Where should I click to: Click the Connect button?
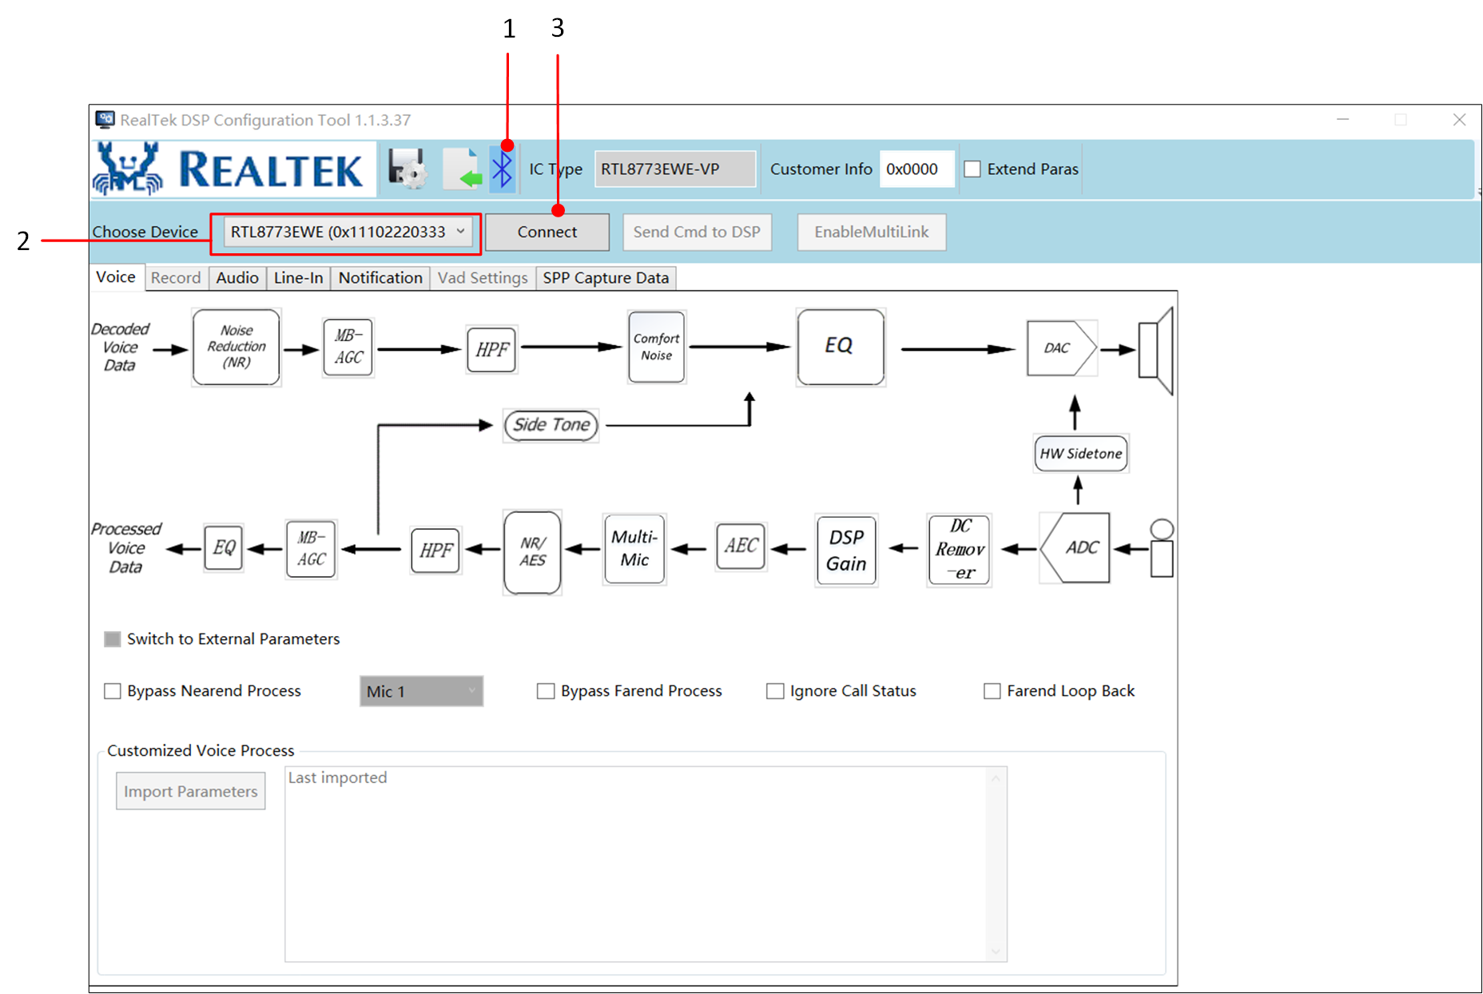coord(547,232)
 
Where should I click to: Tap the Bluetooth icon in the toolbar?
coord(502,169)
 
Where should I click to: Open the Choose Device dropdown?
coord(347,232)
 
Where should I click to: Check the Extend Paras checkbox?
coord(972,169)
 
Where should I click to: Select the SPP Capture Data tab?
coord(605,278)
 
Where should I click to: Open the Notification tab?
coord(380,278)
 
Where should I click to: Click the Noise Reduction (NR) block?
coord(237,347)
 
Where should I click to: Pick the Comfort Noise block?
coord(656,347)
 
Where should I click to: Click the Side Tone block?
coord(551,425)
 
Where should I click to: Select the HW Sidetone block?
coord(1080,453)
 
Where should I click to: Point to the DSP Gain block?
coord(846,550)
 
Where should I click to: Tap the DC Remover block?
coord(960,550)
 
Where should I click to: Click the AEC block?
coord(741,547)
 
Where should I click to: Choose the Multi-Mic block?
coord(634,548)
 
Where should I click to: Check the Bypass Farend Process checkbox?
coord(546,691)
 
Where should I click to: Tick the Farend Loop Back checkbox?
coord(992,691)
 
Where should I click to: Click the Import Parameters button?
coord(190,791)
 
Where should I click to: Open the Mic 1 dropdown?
coord(421,691)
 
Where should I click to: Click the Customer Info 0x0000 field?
coord(916,169)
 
